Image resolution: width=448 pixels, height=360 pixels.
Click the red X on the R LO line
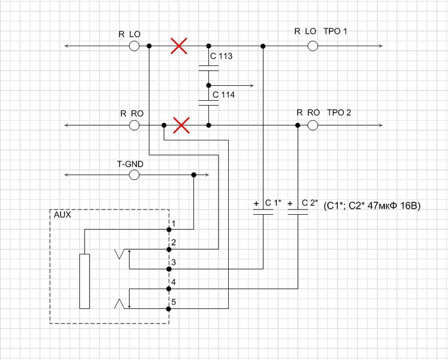point(179,46)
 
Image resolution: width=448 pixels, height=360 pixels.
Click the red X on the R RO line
point(181,125)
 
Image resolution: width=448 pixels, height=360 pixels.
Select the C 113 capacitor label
point(221,56)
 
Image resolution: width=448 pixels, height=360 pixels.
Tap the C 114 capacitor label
point(224,94)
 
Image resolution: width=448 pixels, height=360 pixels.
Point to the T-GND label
point(130,164)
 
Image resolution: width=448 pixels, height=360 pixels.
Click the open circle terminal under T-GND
point(135,175)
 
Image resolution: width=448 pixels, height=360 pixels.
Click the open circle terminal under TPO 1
point(312,46)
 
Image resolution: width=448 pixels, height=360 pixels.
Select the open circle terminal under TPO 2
point(312,125)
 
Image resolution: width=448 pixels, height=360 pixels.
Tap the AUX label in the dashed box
point(62,215)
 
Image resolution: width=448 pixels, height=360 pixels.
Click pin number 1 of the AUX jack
point(174,224)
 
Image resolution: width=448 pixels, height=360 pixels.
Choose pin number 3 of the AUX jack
point(174,262)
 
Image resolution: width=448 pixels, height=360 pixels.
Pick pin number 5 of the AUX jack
point(174,302)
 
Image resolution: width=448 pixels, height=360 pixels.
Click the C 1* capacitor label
point(273,203)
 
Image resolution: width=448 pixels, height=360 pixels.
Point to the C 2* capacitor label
point(310,203)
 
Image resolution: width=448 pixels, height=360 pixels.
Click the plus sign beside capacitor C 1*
point(256,203)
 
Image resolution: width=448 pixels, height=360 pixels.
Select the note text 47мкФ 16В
point(394,206)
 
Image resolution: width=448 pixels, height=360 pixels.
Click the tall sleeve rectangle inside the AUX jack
point(85,281)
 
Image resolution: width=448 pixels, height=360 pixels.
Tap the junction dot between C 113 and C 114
point(208,85)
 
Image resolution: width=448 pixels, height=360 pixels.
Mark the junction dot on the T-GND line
point(194,175)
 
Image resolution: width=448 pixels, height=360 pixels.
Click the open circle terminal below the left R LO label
point(135,46)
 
